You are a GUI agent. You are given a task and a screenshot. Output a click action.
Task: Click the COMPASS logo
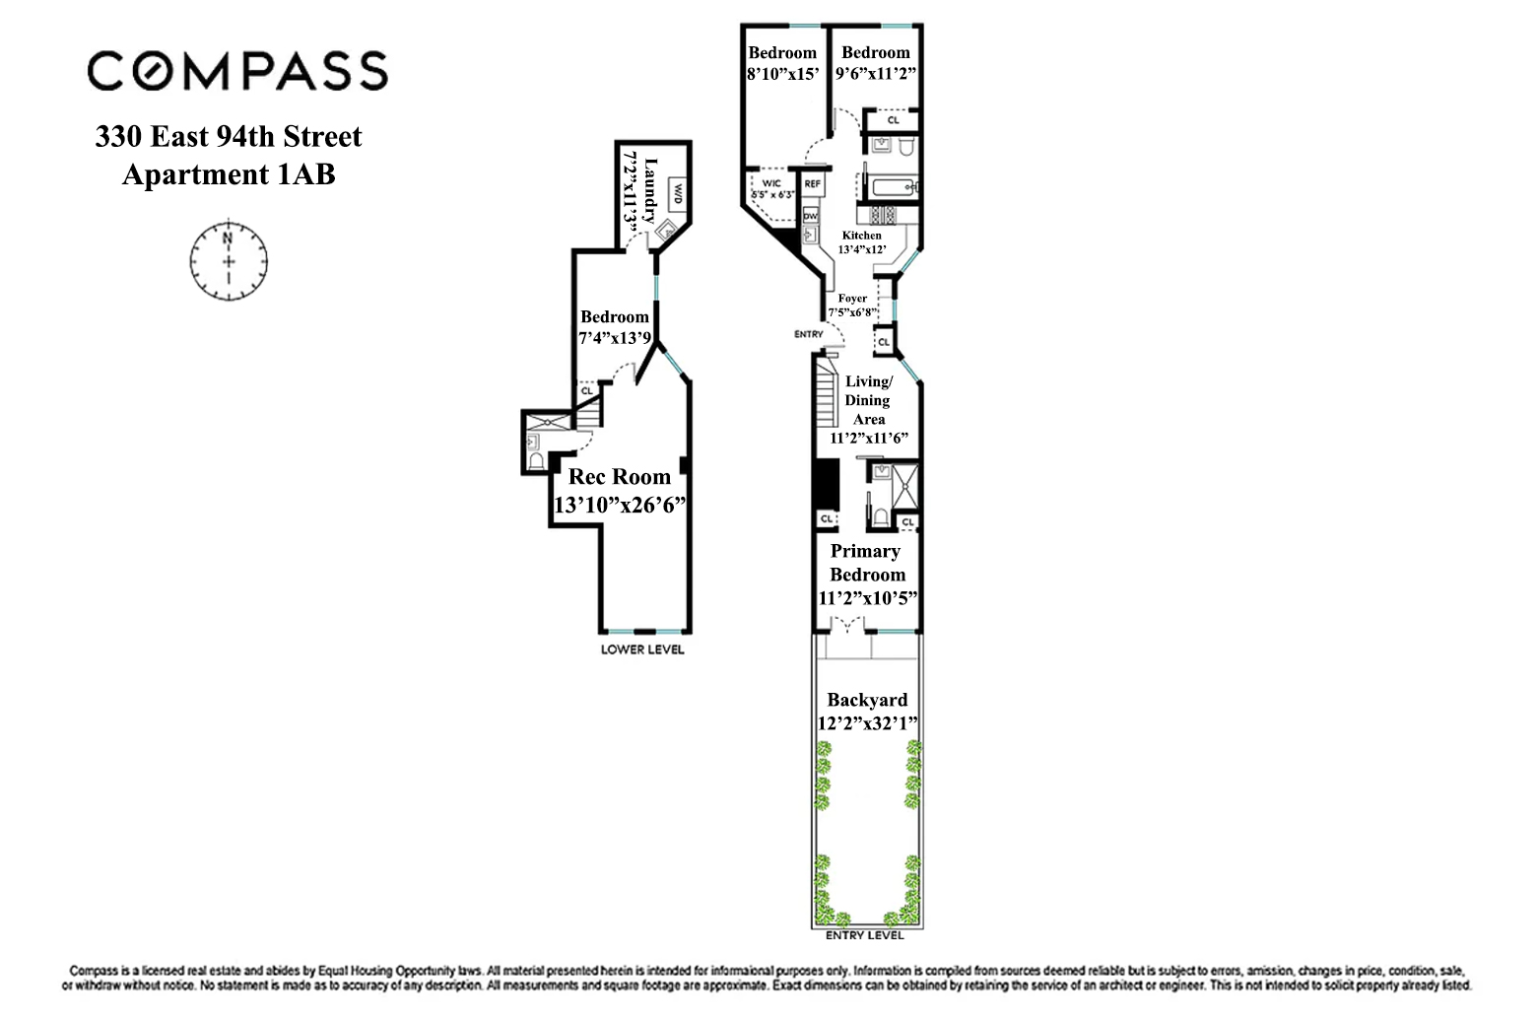point(237,71)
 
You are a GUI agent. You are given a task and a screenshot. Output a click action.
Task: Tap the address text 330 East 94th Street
point(229,136)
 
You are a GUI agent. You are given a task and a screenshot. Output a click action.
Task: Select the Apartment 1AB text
point(229,174)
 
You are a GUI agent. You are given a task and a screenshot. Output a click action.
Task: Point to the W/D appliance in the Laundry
point(678,193)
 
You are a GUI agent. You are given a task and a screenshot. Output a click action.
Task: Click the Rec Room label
point(620,477)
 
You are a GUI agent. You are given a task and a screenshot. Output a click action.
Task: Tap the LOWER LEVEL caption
point(643,650)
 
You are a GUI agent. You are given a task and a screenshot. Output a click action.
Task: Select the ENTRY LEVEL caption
point(867,935)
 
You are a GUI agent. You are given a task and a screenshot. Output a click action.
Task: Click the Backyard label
point(867,701)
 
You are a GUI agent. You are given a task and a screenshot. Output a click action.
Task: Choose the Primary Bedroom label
point(866,563)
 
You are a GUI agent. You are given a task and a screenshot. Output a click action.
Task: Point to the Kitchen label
point(861,236)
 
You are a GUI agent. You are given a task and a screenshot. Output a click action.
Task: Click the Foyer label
point(852,299)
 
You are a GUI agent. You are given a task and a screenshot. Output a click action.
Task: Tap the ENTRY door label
point(808,335)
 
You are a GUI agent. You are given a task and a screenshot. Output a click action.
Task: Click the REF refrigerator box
point(813,184)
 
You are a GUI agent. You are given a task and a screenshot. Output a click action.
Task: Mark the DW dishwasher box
point(810,215)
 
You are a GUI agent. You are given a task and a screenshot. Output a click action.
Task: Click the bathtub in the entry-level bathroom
point(893,185)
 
